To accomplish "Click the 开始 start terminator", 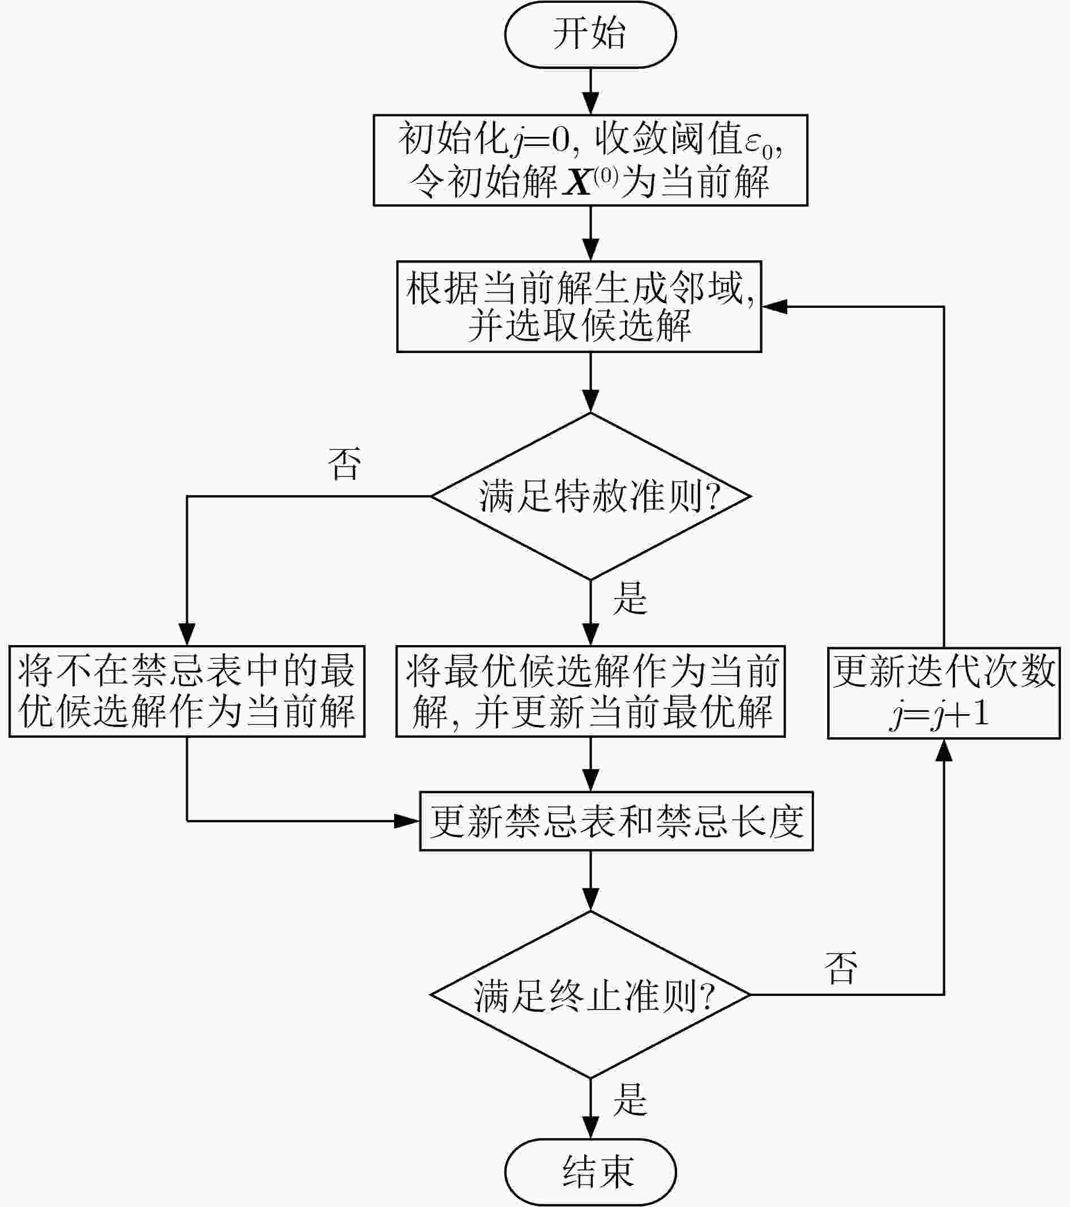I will click(590, 35).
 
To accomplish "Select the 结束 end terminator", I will click(590, 1172).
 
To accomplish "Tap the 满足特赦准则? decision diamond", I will click(590, 496).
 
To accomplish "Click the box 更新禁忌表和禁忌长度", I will click(615, 821).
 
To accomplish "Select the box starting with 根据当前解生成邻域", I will click(579, 307).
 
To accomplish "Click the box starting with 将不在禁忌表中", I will click(187, 691).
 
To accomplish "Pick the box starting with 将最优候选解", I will click(590, 691).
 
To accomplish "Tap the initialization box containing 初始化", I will click(590, 160).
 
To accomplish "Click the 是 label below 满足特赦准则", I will click(630, 598).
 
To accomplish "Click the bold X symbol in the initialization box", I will click(577, 182).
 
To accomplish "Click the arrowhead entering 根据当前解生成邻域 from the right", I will click(774, 307).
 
